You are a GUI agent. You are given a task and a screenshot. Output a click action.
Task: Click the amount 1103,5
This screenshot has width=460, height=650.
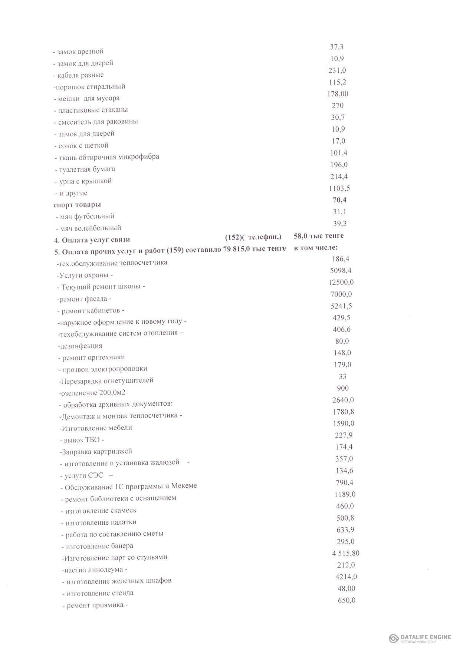pyautogui.click(x=339, y=188)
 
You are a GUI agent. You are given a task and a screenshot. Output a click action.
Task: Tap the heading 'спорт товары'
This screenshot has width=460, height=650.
pyautogui.click(x=77, y=205)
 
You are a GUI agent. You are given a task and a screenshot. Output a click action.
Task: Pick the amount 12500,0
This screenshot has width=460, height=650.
pyautogui.click(x=341, y=282)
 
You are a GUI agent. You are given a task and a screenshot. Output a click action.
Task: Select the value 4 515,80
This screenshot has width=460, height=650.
pyautogui.click(x=345, y=553)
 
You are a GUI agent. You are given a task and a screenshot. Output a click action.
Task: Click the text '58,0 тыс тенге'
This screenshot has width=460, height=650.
pyautogui.click(x=318, y=235)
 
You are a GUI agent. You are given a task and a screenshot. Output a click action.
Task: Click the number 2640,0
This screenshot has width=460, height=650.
pyautogui.click(x=341, y=400)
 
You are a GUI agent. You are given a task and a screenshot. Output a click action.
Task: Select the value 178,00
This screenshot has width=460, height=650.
pyautogui.click(x=338, y=94)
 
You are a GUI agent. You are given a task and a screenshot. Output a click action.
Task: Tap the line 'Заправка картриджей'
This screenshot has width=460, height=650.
pyautogui.click(x=97, y=451)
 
